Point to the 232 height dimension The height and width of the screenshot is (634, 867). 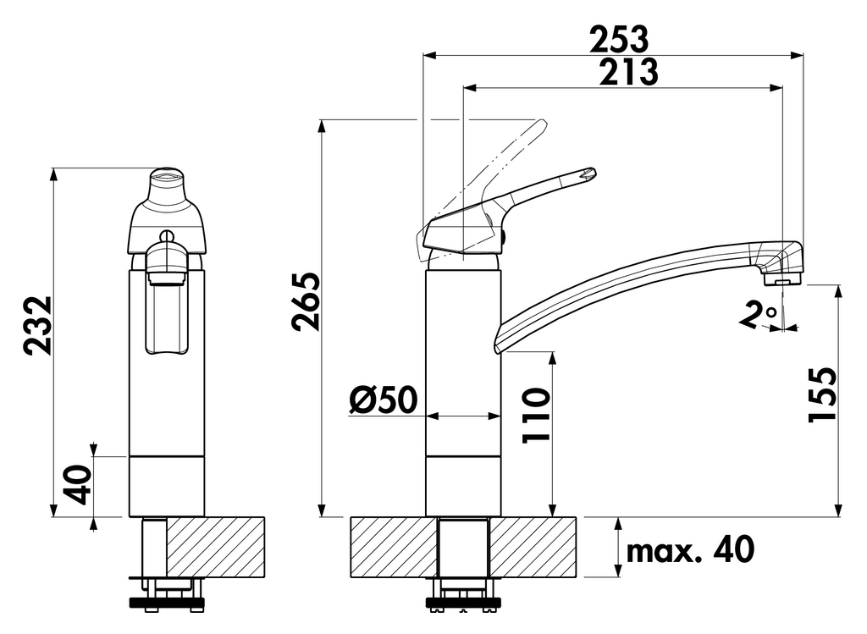click(38, 325)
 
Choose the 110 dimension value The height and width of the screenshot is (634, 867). click(534, 416)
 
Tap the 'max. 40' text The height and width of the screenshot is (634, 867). click(689, 551)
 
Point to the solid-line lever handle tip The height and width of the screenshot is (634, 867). click(590, 174)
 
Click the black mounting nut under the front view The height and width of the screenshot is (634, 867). click(166, 604)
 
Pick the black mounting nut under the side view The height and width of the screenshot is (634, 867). click(463, 604)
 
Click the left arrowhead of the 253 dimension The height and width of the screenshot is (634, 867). click(428, 56)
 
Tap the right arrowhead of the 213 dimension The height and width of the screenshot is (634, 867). click(777, 88)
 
